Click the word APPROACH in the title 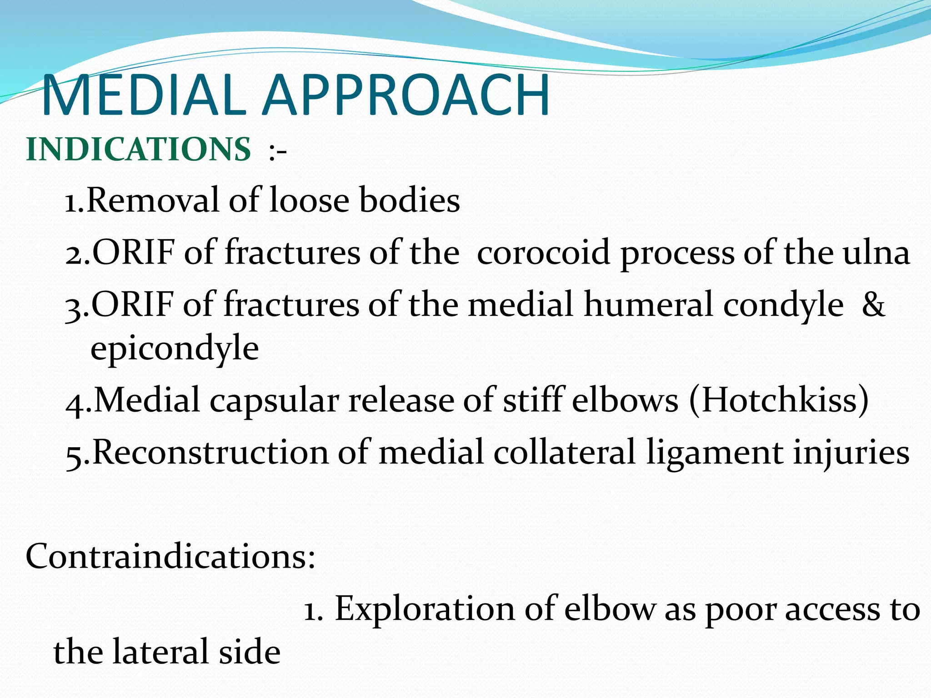(x=407, y=96)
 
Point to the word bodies (x=410, y=200)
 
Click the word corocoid (x=543, y=253)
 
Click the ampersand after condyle (x=873, y=304)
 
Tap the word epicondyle (x=175, y=349)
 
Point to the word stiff (x=534, y=400)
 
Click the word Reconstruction (x=210, y=453)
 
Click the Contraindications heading (x=170, y=556)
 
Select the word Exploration (x=425, y=609)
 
